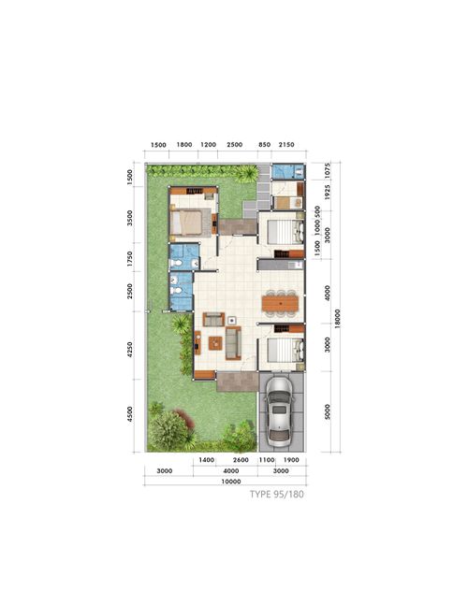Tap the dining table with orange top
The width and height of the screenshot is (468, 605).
[281, 303]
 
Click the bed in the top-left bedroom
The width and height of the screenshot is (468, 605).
[187, 222]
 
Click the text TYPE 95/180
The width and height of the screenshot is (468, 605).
[276, 496]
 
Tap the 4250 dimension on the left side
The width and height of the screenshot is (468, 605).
[132, 350]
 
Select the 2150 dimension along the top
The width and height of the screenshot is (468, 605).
[286, 145]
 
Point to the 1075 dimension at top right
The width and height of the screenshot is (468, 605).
[328, 171]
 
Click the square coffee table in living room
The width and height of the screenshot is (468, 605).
[215, 342]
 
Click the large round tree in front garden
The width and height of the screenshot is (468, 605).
[168, 429]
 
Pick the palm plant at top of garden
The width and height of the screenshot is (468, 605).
[247, 173]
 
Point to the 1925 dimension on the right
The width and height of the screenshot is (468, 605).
[328, 195]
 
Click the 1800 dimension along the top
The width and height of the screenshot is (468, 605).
[184, 145]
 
